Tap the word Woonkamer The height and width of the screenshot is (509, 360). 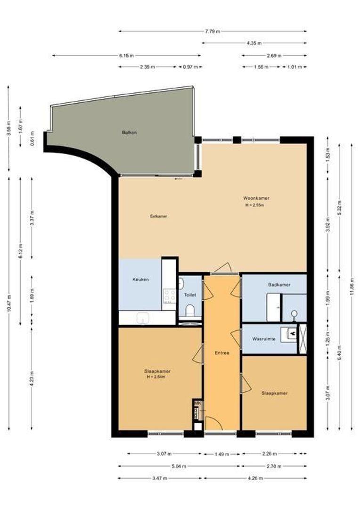click(256, 198)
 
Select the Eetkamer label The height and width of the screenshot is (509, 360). click(158, 216)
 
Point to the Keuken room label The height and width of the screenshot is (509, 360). click(140, 279)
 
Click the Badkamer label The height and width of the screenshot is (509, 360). click(279, 285)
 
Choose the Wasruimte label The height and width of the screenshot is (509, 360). click(263, 338)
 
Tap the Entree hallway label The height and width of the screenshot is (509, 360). click(221, 353)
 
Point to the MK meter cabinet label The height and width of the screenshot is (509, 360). click(197, 403)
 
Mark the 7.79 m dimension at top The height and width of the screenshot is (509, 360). click(213, 31)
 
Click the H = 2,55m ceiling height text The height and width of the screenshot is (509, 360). click(255, 205)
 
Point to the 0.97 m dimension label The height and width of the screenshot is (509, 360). click(190, 67)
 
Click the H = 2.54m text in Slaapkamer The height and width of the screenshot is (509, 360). click(157, 377)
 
